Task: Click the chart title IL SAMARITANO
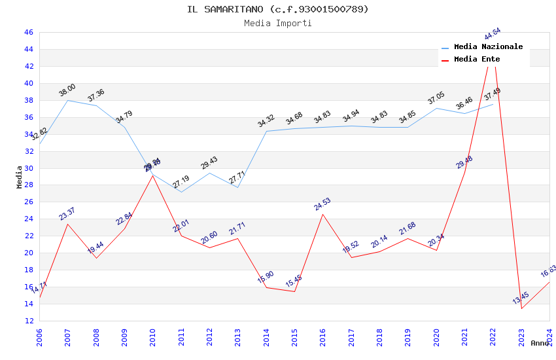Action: click(277, 9)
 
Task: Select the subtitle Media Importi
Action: click(277, 24)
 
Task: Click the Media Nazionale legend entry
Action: click(488, 47)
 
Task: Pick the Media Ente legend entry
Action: click(477, 60)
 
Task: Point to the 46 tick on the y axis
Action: click(28, 32)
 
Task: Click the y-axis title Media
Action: click(20, 177)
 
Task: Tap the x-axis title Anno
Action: click(540, 343)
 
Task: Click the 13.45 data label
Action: click(521, 298)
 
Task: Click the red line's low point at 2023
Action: click(521, 308)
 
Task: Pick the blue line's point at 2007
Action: click(67, 100)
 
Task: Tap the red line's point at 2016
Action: click(323, 215)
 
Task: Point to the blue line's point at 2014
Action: click(266, 131)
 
